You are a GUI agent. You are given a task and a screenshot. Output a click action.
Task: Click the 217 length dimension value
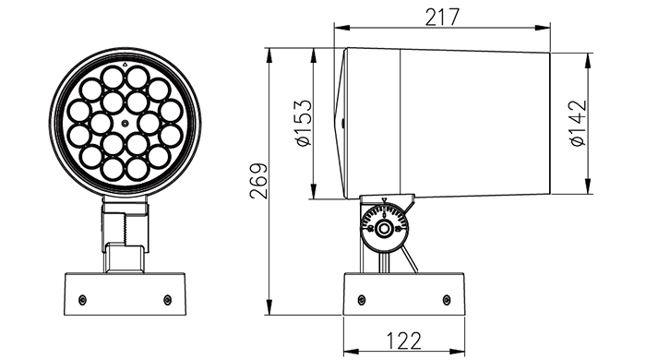point(442,18)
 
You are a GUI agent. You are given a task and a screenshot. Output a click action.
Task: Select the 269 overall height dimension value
point(258,181)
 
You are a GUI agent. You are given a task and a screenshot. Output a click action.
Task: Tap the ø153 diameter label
point(304,123)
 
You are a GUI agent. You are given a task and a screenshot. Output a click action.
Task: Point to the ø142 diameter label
point(578,123)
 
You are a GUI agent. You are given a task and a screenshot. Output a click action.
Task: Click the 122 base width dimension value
point(404,341)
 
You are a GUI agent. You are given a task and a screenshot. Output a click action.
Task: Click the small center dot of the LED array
point(125,123)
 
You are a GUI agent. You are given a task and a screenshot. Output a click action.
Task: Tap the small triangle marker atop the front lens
point(125,65)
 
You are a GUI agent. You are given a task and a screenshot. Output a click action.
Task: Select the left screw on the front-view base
point(82,299)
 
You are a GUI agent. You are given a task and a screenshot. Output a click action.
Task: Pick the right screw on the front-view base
point(167,299)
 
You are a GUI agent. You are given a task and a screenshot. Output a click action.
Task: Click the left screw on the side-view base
point(362,299)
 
